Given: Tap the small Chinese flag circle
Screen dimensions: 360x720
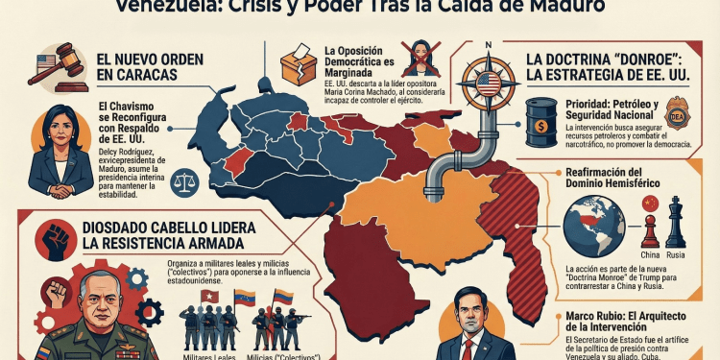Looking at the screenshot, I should (x=648, y=204).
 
